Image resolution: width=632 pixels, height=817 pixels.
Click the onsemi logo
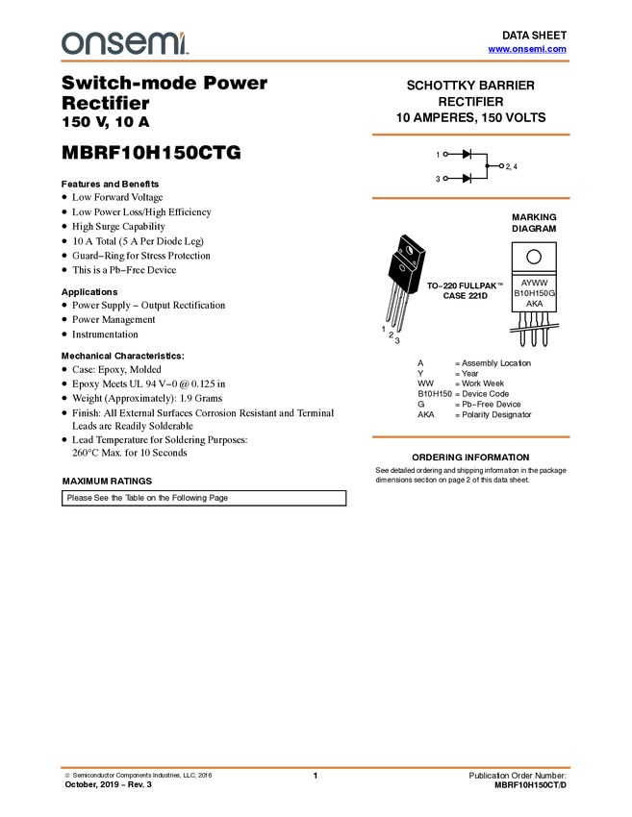tap(124, 43)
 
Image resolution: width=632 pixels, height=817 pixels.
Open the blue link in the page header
tap(527, 49)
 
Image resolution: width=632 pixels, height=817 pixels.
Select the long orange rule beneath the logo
tap(316, 62)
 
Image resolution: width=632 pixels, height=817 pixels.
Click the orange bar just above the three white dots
tap(470, 135)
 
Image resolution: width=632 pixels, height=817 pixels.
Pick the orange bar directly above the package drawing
tap(470, 198)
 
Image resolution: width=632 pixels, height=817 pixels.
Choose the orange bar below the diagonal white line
tap(470, 437)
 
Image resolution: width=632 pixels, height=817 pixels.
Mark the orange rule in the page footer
tap(316, 768)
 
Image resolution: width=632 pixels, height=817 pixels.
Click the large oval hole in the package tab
tap(411, 251)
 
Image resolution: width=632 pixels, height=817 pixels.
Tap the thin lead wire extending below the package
tap(409, 284)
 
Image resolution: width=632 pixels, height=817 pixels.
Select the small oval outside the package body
tap(402, 267)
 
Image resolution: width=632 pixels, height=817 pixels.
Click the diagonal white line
tap(534, 329)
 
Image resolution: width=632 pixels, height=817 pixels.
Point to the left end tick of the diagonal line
tap(509, 332)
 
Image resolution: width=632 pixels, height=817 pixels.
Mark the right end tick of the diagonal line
tap(560, 325)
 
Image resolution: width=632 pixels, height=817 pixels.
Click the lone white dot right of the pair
tap(501, 165)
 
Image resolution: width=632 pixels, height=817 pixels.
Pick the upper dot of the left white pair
tap(445, 154)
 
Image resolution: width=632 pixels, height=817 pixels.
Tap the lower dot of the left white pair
tap(445, 179)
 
